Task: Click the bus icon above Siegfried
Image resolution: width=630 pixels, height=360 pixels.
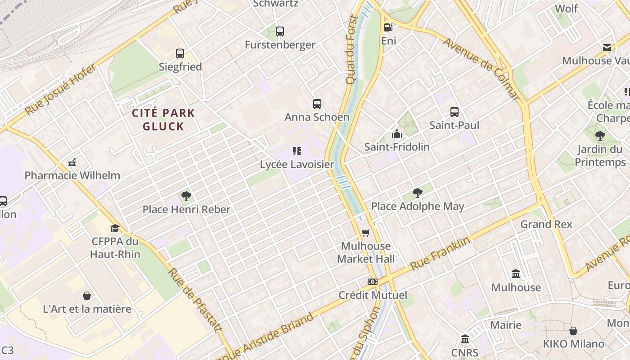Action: [x=180, y=54]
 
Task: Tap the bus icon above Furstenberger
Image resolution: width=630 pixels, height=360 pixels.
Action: [x=280, y=31]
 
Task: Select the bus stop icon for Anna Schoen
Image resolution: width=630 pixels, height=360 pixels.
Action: [x=317, y=104]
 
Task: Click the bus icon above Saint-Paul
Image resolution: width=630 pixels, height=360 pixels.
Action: [x=454, y=112]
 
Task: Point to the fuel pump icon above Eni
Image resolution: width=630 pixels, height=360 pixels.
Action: [x=388, y=27]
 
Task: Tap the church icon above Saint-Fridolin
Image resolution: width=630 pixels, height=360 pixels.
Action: [x=396, y=134]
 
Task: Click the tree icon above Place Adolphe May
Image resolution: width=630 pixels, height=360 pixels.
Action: [x=418, y=193]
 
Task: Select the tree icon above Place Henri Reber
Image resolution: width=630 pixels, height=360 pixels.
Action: [x=186, y=196]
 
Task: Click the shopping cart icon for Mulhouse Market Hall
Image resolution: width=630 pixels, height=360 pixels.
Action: [x=366, y=233]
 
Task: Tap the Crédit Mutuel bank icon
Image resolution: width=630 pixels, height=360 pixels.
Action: [x=372, y=282]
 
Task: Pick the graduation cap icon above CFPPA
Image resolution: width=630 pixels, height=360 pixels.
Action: [x=115, y=229]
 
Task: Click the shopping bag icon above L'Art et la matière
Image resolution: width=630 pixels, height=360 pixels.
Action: [x=87, y=296]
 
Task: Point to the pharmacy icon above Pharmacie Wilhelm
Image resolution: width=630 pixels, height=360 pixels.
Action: [x=72, y=162]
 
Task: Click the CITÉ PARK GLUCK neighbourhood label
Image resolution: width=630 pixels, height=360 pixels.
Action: [x=163, y=120]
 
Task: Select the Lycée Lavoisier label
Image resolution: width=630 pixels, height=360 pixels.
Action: [x=297, y=164]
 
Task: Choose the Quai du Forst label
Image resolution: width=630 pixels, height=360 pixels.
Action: [x=352, y=49]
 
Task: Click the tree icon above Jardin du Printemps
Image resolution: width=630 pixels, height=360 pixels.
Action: [x=600, y=136]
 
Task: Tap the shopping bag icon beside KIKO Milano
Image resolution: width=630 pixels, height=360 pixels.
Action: [x=573, y=331]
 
